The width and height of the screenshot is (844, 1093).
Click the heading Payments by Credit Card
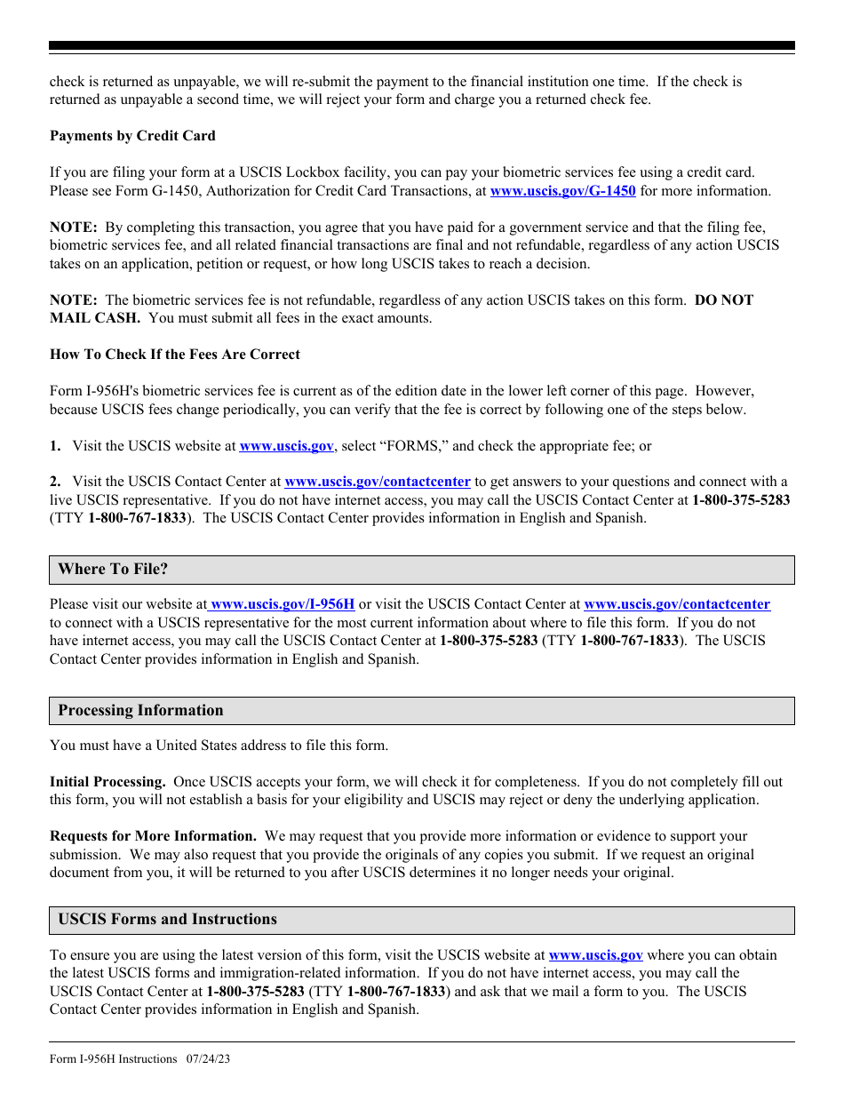[x=132, y=136]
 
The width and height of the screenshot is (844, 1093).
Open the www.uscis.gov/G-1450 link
[x=562, y=191]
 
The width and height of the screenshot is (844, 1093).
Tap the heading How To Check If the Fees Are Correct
[x=175, y=355]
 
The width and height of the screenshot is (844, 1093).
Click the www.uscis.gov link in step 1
[x=286, y=446]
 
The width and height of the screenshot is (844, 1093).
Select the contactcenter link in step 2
[x=377, y=482]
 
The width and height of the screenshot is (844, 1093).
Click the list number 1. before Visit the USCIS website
[x=55, y=446]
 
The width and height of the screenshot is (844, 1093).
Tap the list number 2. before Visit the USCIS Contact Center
[x=55, y=482]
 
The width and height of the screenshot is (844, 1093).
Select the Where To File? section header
[x=113, y=570]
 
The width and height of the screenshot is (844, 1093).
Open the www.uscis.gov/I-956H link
[x=283, y=604]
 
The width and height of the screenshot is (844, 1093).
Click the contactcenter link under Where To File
[x=677, y=604]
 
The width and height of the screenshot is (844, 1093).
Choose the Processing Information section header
[x=140, y=711]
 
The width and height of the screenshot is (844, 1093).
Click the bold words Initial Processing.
[x=107, y=782]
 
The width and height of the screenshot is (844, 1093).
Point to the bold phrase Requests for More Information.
[x=153, y=836]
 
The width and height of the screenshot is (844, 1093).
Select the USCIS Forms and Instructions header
[x=167, y=920]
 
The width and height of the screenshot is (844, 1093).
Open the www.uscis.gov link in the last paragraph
[x=595, y=956]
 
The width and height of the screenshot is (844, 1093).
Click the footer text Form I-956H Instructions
[x=114, y=1059]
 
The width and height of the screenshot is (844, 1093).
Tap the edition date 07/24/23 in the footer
[x=209, y=1059]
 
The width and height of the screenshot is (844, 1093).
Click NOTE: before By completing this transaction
[x=73, y=227]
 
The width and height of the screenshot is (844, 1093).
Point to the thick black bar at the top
[x=422, y=45]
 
